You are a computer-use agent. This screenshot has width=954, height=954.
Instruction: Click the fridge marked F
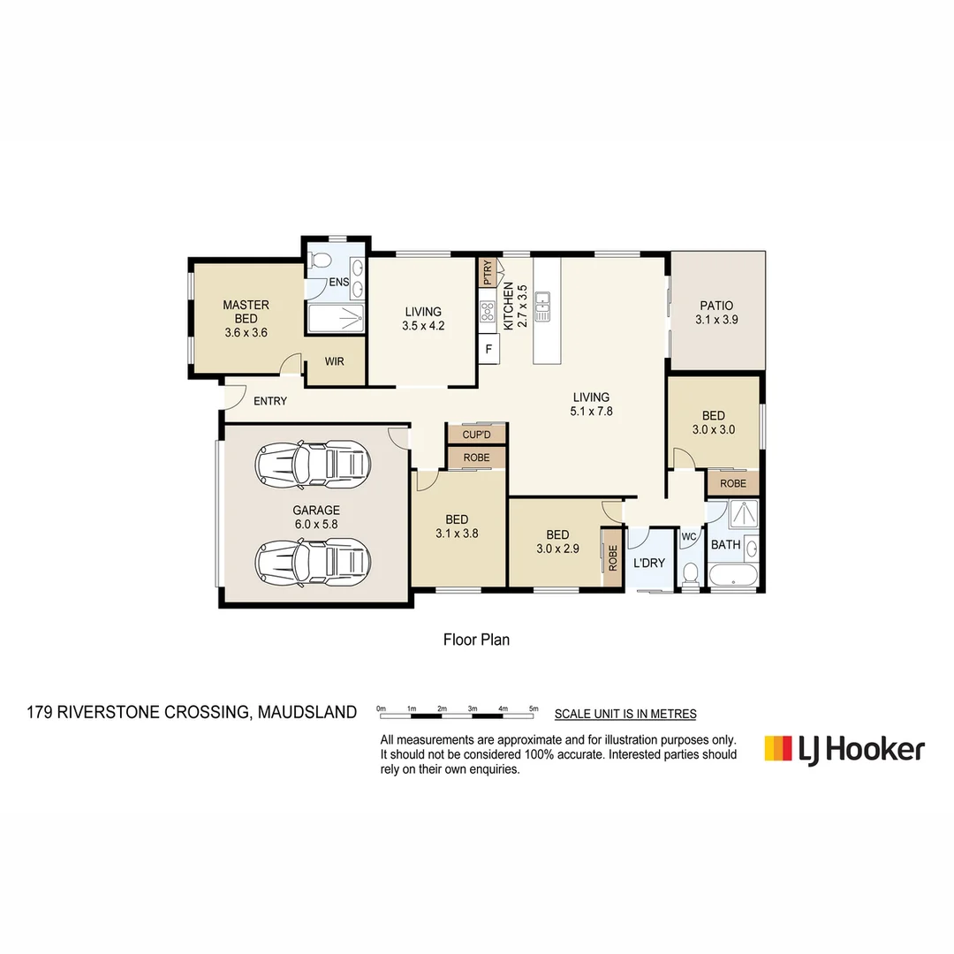pyautogui.click(x=488, y=349)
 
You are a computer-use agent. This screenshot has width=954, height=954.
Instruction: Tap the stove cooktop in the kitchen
pyautogui.click(x=488, y=310)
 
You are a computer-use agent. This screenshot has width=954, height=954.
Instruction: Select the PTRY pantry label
pyautogui.click(x=487, y=272)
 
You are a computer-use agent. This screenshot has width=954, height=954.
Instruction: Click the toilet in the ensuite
pyautogui.click(x=322, y=261)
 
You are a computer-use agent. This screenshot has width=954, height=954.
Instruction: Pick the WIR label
pyautogui.click(x=335, y=362)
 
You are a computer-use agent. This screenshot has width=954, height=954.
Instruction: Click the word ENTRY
pyautogui.click(x=270, y=401)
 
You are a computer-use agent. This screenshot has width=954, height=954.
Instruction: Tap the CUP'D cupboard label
pyautogui.click(x=476, y=435)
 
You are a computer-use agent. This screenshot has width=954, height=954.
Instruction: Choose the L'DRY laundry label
pyautogui.click(x=649, y=563)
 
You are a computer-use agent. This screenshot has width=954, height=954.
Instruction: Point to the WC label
pyautogui.click(x=688, y=535)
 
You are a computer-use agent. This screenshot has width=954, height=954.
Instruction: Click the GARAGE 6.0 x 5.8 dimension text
pyautogui.click(x=316, y=524)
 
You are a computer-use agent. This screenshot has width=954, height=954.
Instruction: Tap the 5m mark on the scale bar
pyautogui.click(x=534, y=708)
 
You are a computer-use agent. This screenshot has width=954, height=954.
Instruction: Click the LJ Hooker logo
pyautogui.click(x=844, y=749)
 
